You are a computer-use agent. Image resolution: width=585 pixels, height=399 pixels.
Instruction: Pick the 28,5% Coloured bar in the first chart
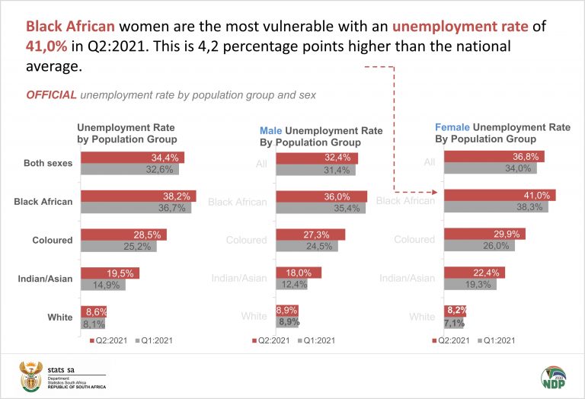tap(123, 235)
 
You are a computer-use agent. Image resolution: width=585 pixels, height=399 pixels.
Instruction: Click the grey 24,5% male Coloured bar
tap(305, 246)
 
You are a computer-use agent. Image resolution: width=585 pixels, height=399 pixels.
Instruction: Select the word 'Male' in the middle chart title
tap(271, 131)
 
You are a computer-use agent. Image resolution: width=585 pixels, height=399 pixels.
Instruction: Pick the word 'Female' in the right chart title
tap(452, 127)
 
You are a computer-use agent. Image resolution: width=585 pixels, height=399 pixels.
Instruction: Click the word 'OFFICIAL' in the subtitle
tap(51, 95)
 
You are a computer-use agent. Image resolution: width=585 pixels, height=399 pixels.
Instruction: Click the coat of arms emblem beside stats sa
tap(32, 375)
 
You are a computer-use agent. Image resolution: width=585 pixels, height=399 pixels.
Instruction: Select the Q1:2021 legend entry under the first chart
tap(154, 340)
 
